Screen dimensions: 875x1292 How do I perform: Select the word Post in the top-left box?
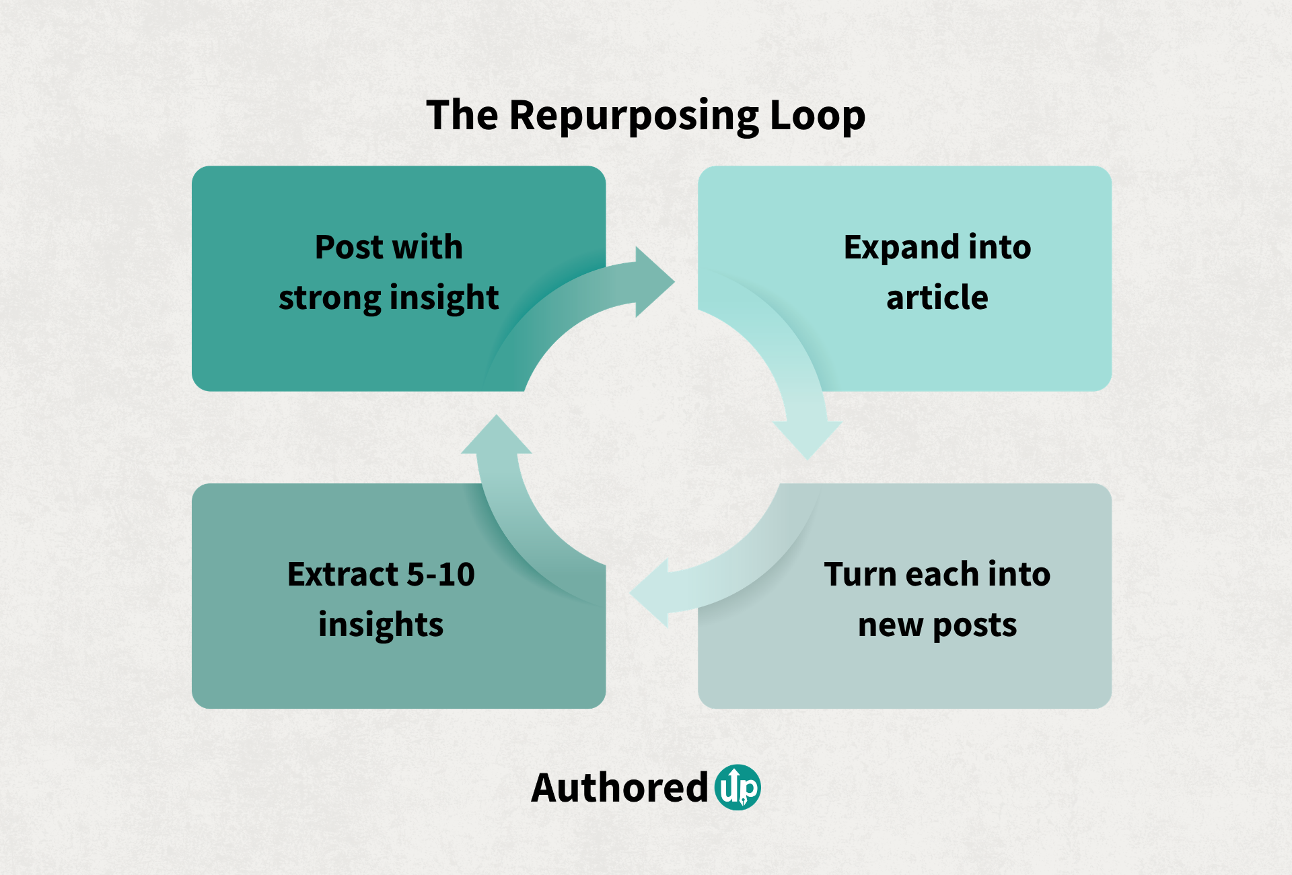349,247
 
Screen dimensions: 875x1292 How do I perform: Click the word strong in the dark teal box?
329,298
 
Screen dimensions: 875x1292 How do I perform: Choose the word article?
937,297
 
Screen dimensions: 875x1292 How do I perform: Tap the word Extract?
343,574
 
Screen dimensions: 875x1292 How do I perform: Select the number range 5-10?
441,574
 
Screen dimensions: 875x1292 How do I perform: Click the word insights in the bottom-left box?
381,625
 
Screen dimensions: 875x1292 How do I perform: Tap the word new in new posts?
890,625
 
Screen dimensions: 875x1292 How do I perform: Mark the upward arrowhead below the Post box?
497,436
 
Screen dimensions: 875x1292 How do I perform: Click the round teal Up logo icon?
738,787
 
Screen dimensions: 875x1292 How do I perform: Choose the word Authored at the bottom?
619,788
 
